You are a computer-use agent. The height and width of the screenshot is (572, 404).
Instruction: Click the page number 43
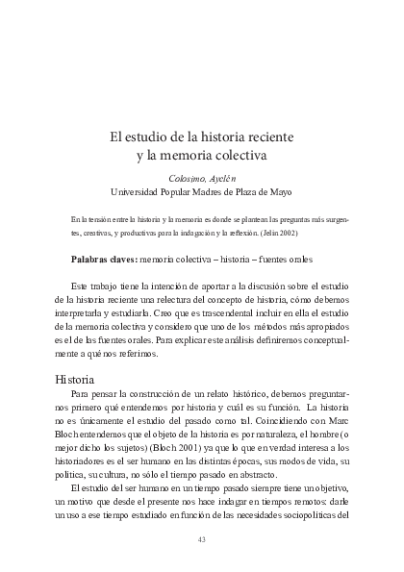coord(202,538)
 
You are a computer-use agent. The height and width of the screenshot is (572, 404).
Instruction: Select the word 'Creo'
coord(147,312)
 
